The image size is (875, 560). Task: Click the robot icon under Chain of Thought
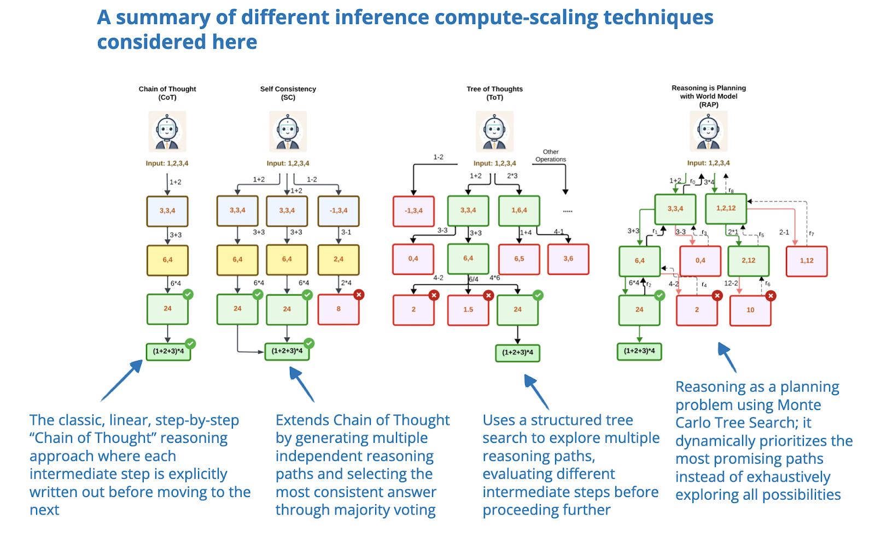point(167,131)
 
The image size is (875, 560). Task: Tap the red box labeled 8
point(339,309)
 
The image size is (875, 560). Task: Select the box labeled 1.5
point(468,310)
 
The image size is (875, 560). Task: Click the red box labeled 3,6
point(568,259)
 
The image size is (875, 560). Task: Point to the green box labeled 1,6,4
point(519,211)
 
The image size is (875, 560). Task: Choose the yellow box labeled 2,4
point(339,259)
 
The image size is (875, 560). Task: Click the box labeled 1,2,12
point(726,209)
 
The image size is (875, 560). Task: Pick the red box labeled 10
point(750,310)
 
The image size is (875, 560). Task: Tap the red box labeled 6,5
point(519,259)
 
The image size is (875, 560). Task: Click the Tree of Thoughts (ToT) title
point(494,93)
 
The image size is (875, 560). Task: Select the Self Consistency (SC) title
point(288,93)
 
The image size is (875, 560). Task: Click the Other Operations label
point(551,156)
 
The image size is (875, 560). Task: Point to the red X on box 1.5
point(488,296)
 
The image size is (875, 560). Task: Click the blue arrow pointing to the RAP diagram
point(727,357)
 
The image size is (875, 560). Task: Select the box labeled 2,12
point(748,261)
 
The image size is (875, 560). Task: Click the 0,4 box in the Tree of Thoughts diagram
point(413,259)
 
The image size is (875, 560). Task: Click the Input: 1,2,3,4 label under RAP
point(708,163)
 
